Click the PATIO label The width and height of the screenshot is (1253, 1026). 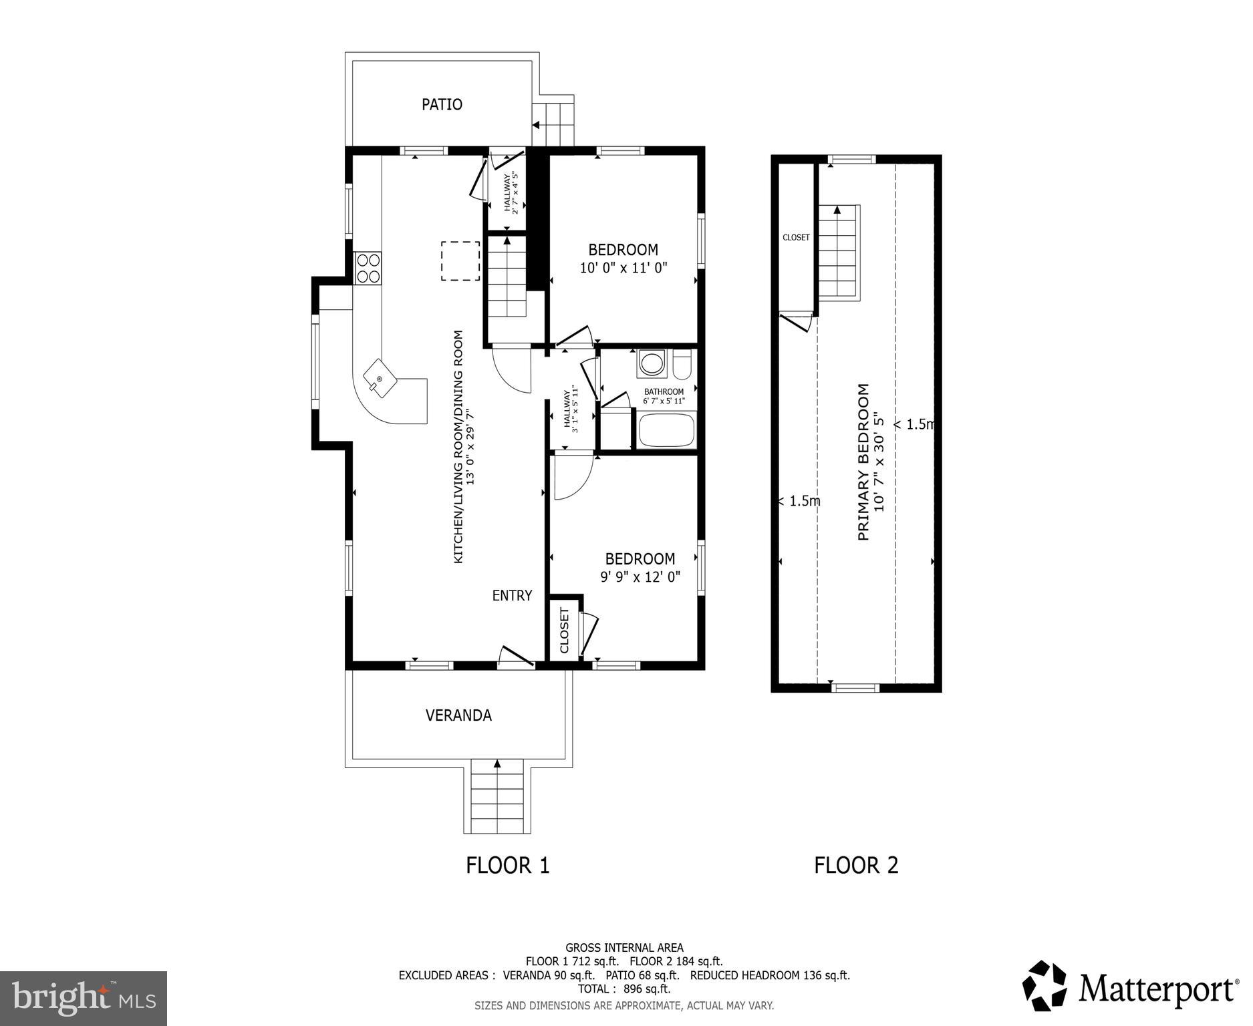tap(442, 104)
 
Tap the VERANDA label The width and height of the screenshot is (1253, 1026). tap(458, 715)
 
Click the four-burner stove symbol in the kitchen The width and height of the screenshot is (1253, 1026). tap(368, 269)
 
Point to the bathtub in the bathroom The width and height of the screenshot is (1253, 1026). tap(667, 431)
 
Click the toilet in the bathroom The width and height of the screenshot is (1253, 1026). tap(682, 365)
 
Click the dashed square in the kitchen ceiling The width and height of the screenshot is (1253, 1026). tap(460, 261)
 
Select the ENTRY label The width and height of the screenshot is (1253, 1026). tap(512, 595)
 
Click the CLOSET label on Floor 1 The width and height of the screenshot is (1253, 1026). tap(564, 631)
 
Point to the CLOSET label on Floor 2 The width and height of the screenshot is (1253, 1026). tap(796, 237)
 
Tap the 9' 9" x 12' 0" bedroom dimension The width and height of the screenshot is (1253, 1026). tap(640, 577)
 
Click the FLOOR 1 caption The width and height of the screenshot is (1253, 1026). tap(507, 865)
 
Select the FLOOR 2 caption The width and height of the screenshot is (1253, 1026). tap(856, 865)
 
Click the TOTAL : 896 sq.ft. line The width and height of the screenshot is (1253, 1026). tap(623, 989)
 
